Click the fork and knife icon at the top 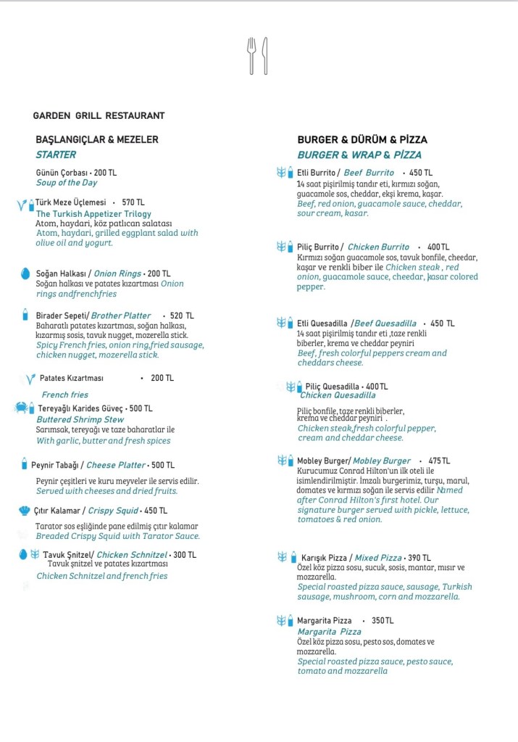pyautogui.click(x=258, y=55)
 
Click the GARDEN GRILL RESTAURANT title pyautogui.click(x=99, y=116)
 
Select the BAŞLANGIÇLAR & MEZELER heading pyautogui.click(x=97, y=139)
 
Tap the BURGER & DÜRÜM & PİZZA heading pyautogui.click(x=362, y=139)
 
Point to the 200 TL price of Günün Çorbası pyautogui.click(x=105, y=173)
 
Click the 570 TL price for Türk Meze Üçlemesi pyautogui.click(x=133, y=202)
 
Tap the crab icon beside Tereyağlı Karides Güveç pyautogui.click(x=21, y=408)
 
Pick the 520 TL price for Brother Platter pyautogui.click(x=182, y=316)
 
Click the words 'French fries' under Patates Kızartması pyautogui.click(x=65, y=395)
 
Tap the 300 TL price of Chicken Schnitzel pyautogui.click(x=185, y=555)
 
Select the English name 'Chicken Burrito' pyautogui.click(x=378, y=247)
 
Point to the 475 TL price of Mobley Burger pyautogui.click(x=439, y=461)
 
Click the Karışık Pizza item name pyautogui.click(x=324, y=558)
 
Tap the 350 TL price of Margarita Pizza pyautogui.click(x=383, y=621)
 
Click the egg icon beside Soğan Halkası pyautogui.click(x=25, y=274)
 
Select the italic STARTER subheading pyautogui.click(x=56, y=154)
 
